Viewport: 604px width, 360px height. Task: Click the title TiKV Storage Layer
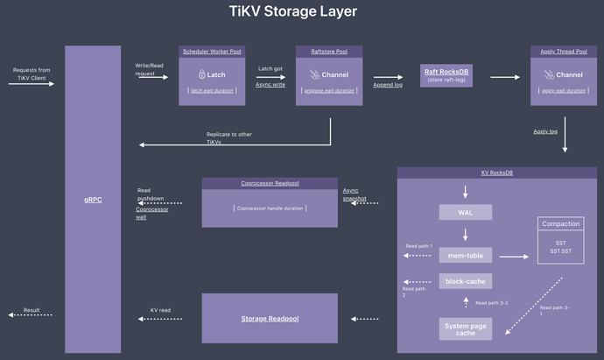(292, 12)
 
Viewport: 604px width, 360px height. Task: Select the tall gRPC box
(93, 200)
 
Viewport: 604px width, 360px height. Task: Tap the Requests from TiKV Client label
(33, 74)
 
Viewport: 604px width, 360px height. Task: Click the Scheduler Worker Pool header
(212, 52)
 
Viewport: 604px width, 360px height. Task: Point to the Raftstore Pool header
(329, 52)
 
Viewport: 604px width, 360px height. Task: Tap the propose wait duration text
(329, 90)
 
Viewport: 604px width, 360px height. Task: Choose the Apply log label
(545, 131)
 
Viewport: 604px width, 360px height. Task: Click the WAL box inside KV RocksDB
(465, 213)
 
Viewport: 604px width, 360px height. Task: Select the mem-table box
(465, 256)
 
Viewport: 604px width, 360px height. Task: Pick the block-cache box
(465, 281)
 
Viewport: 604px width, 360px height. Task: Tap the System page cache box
(465, 328)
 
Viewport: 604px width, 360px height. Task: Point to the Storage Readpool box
(270, 318)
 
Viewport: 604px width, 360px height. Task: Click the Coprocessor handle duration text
(270, 208)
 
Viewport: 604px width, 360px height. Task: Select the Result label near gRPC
(32, 309)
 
